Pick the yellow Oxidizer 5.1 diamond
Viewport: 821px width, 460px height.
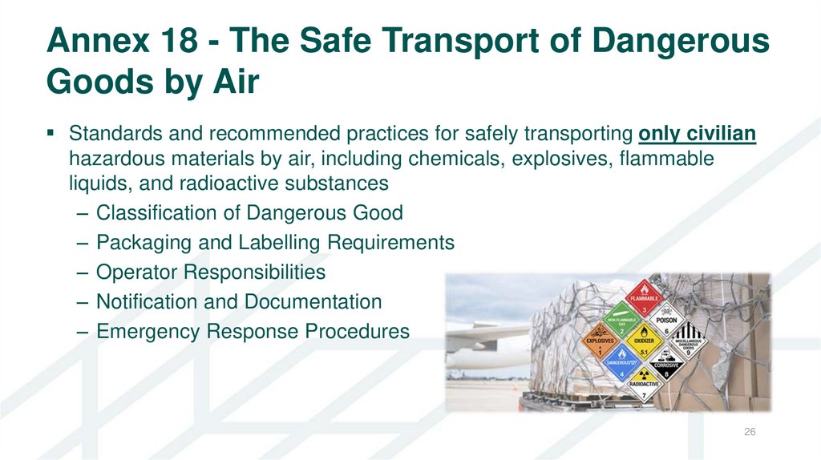click(645, 342)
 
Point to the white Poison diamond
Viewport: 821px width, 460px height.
click(667, 322)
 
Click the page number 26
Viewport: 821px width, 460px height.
click(750, 433)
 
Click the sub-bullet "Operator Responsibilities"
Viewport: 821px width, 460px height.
click(210, 272)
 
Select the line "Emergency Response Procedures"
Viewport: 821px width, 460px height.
click(252, 331)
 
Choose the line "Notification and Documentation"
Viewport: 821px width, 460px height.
click(238, 302)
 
